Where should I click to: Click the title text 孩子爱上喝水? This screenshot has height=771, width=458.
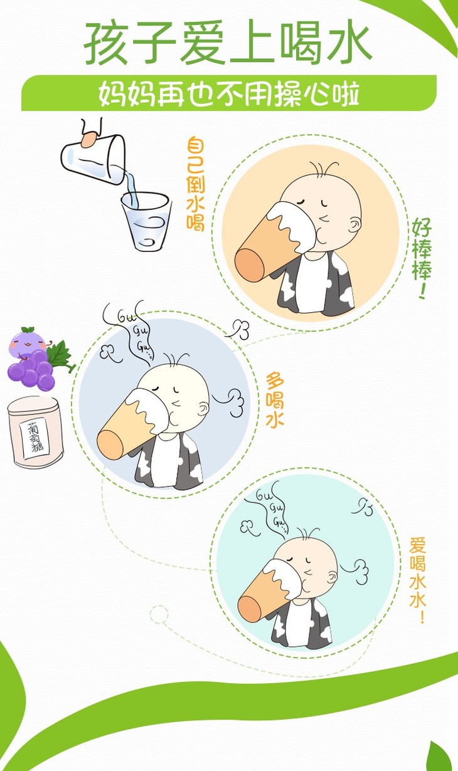point(228,43)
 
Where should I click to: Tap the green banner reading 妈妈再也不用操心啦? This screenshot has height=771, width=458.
point(229,93)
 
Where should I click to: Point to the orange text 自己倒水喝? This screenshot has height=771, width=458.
point(196,184)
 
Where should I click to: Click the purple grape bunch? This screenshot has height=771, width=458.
point(31,370)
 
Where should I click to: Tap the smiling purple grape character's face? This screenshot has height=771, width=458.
point(28,344)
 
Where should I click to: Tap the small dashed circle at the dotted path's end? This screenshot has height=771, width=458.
point(159,614)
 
